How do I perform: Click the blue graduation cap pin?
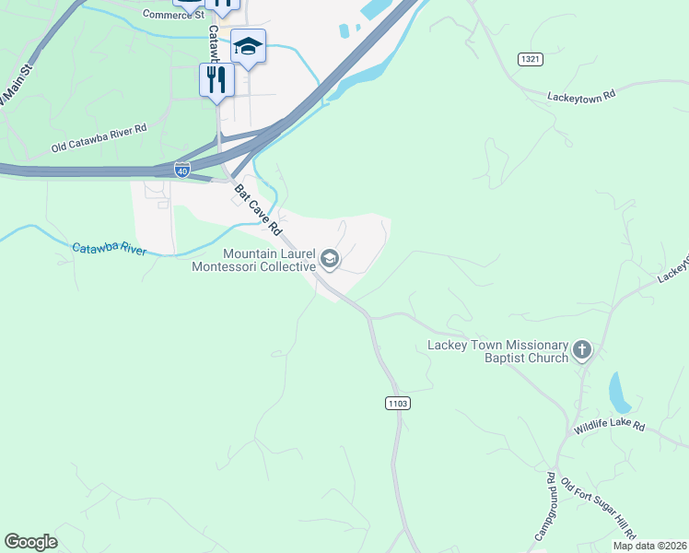pos(248,45)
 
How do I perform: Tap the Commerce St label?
pos(172,15)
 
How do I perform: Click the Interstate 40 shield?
pos(183,170)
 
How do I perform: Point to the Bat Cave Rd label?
pos(257,208)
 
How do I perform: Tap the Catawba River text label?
pos(109,249)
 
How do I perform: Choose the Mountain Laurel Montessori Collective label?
pos(253,260)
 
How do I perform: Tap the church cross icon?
pos(581,350)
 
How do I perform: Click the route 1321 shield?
pos(530,59)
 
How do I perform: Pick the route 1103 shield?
pos(398,404)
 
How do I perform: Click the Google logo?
pos(30,542)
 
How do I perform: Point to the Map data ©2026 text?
pos(649,546)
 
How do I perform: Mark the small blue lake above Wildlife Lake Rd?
pos(619,392)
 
